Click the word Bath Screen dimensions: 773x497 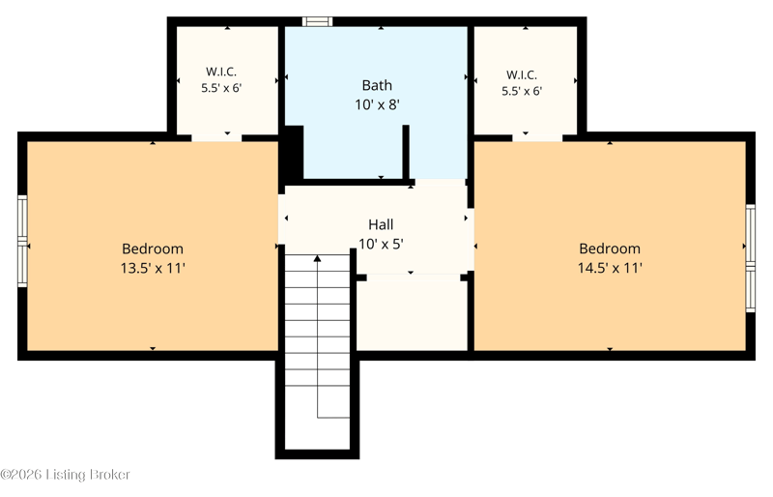tap(377, 85)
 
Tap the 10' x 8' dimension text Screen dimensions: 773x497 tap(377, 104)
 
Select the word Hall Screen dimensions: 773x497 tap(381, 225)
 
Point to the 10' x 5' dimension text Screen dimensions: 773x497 tap(381, 245)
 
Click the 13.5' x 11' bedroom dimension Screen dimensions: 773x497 tap(153, 268)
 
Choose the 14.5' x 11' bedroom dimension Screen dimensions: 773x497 tap(610, 268)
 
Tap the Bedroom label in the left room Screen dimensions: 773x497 tap(153, 248)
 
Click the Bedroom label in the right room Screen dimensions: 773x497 tap(610, 248)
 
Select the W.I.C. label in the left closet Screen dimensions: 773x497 tap(221, 72)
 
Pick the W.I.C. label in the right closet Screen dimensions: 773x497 tap(522, 75)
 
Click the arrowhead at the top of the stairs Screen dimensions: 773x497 tap(318, 258)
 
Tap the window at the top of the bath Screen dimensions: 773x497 tap(317, 21)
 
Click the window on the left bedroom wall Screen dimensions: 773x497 tap(22, 242)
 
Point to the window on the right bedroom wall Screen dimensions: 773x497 tap(751, 258)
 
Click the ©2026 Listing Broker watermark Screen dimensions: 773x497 tap(65, 475)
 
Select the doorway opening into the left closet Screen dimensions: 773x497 tap(216, 137)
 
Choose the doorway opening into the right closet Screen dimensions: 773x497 tap(537, 137)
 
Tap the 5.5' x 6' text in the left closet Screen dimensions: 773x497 tap(221, 88)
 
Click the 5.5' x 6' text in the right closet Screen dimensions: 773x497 tap(522, 91)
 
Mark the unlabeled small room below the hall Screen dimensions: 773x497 tap(412, 314)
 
